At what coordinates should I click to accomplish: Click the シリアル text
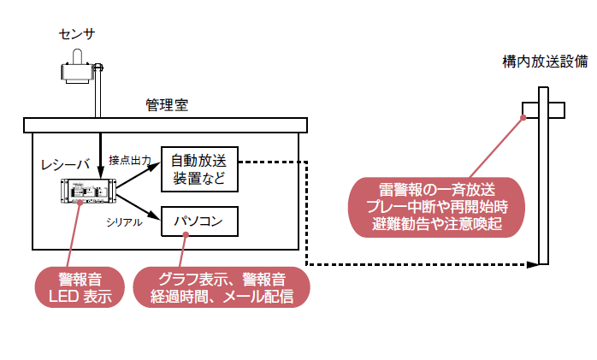[x=124, y=222]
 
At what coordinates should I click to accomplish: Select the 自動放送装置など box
[x=198, y=168]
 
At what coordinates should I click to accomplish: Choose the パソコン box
[x=198, y=222]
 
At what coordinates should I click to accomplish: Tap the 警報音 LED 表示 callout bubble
[x=79, y=287]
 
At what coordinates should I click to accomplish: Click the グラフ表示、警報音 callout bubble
[x=221, y=287]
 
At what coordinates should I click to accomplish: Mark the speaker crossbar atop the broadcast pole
[x=542, y=110]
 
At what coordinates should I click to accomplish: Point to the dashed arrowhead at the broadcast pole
[x=535, y=264]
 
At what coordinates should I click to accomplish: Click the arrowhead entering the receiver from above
[x=101, y=176]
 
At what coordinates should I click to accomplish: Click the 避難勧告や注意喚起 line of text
[x=437, y=224]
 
